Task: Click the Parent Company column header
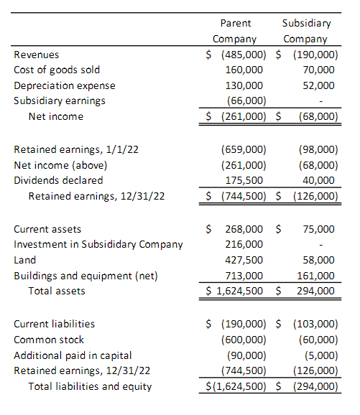[x=235, y=32]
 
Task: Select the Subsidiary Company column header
[x=306, y=32]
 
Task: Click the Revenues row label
[x=37, y=55]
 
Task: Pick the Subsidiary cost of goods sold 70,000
[x=319, y=70]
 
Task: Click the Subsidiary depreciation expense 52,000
[x=319, y=85]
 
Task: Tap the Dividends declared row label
[x=58, y=180]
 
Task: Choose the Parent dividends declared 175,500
[x=247, y=180]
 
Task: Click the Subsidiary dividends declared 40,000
[x=319, y=180]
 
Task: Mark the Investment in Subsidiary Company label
[x=98, y=244]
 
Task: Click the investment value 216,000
[x=247, y=244]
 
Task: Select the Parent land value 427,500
[x=247, y=260]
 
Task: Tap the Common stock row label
[x=49, y=340]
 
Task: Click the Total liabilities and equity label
[x=90, y=387]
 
